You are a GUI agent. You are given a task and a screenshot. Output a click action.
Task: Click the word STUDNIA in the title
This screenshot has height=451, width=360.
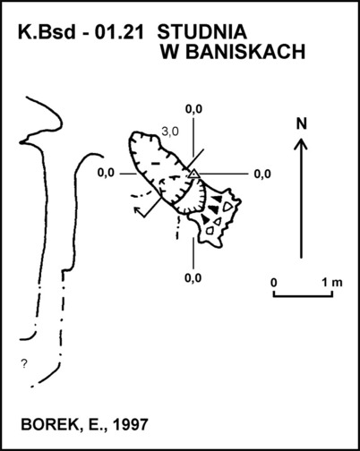pos(201,32)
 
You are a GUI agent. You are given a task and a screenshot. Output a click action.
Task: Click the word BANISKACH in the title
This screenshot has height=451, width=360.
pos(245,52)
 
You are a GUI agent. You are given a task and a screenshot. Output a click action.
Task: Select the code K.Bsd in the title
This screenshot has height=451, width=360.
pos(47,32)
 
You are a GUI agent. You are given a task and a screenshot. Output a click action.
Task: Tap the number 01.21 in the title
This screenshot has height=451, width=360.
pos(119,32)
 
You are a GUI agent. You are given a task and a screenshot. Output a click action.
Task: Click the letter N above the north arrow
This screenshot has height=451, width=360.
pos(302,123)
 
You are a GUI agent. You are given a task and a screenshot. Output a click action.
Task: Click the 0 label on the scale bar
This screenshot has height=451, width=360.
pos(274,282)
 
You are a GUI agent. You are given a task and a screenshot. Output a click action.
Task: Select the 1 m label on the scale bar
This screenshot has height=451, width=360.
pos(332,282)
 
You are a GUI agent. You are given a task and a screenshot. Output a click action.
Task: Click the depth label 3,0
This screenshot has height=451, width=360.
pos(170,132)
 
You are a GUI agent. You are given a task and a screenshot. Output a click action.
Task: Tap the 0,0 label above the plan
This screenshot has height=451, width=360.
pos(193,109)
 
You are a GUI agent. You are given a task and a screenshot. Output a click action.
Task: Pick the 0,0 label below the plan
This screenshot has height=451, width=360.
pos(193,278)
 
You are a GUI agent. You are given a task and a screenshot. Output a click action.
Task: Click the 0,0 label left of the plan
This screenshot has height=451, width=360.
pos(106,173)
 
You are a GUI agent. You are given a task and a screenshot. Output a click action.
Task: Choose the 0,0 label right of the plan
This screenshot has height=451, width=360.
pos(262,174)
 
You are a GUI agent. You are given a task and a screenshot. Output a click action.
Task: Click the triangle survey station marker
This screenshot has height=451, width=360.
pos(194,174)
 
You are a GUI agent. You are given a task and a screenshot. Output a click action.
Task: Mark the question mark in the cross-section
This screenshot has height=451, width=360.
pos(24,363)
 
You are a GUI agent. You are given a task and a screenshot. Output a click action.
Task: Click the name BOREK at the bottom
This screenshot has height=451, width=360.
pos(49,424)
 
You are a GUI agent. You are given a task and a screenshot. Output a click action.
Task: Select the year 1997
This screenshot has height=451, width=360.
pos(131,424)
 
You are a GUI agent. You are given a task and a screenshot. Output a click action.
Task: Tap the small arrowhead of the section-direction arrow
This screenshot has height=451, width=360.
pos(138,209)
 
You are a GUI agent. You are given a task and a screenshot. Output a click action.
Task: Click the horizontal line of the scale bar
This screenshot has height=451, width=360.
pos(303,296)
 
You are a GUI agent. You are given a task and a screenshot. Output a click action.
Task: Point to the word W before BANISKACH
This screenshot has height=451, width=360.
pos(170,52)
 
